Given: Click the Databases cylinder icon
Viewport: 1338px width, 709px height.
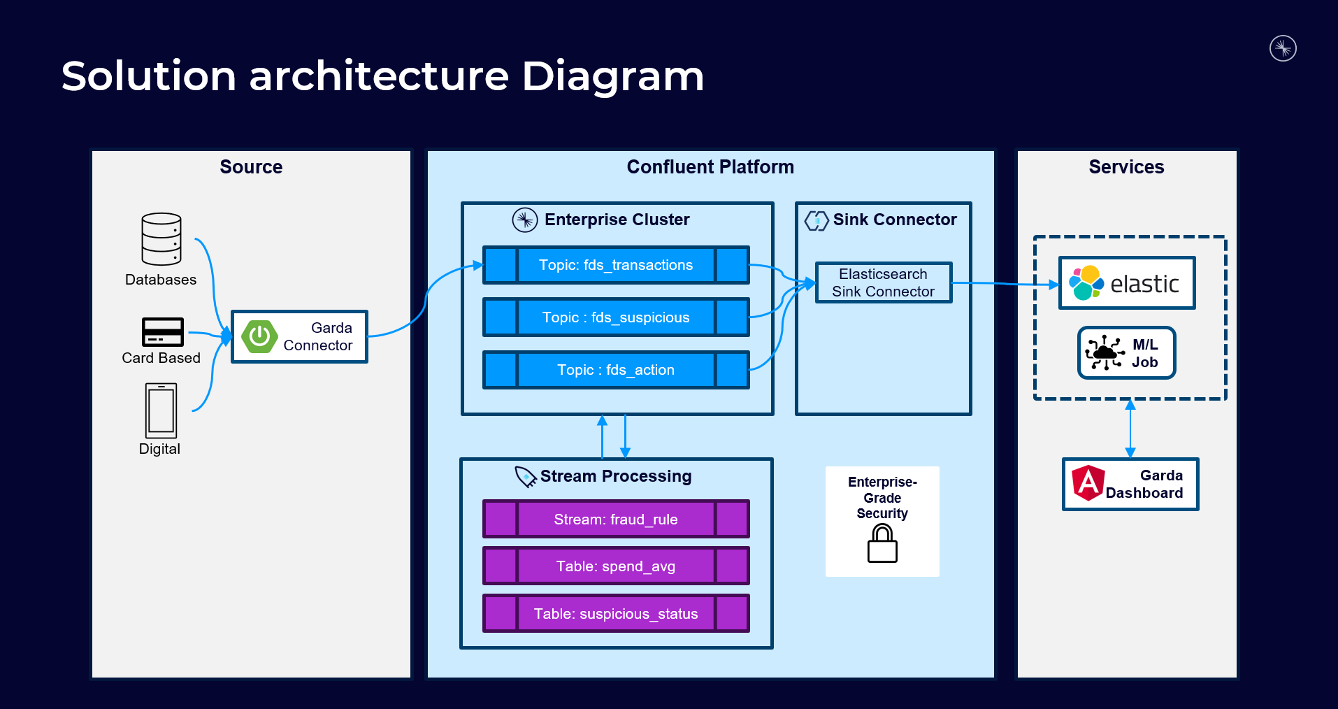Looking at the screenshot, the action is tap(161, 239).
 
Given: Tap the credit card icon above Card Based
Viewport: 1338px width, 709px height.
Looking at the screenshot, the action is tap(163, 332).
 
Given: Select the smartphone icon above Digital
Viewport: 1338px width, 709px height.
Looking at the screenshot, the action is tap(161, 410).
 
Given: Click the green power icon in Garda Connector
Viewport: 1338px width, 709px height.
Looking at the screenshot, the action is tap(259, 336).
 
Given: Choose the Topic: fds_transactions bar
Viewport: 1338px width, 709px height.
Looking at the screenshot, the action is tap(616, 265).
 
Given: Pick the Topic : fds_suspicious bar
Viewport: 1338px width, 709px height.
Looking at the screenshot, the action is tap(616, 317).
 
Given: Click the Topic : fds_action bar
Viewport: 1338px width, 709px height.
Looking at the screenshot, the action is tap(616, 370).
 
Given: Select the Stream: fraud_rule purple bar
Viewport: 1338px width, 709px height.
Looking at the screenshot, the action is tap(616, 519).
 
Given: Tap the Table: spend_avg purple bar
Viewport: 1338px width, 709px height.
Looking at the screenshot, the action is tap(616, 566).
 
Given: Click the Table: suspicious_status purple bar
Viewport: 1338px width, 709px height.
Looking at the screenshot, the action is tap(616, 613).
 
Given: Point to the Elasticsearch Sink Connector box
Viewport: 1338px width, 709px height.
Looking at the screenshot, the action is tap(884, 282).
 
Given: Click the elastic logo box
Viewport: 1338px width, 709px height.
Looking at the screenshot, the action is tap(1127, 283).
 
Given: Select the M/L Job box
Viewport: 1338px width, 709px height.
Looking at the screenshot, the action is tap(1127, 353).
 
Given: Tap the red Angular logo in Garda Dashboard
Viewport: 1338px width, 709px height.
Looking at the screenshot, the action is tap(1088, 483).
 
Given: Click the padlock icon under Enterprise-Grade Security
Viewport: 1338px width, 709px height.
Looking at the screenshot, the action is tap(882, 543).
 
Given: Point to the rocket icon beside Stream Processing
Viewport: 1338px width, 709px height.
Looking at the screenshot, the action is tap(526, 476).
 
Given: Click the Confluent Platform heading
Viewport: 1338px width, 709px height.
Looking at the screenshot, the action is tap(710, 167).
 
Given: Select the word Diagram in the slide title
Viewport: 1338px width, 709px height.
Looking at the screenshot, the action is tap(613, 77).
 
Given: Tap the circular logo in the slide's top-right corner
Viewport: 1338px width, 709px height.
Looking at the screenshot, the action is tap(1283, 48).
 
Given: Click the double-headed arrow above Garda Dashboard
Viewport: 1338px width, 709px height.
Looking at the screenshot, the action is tap(1130, 429).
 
